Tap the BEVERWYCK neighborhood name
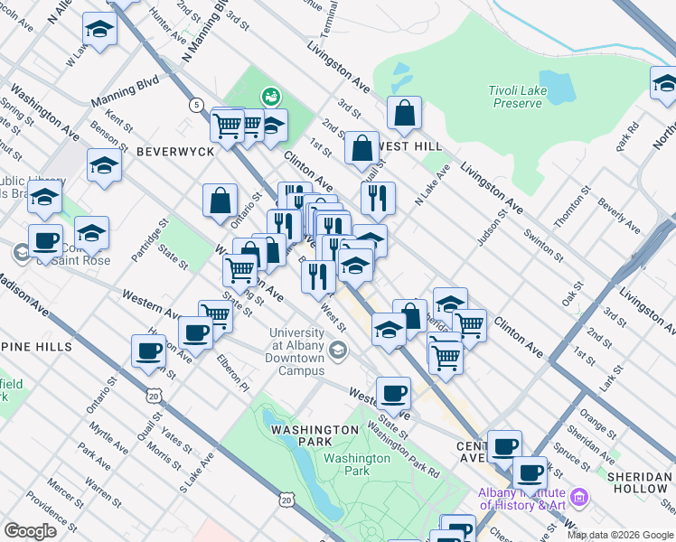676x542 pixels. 175,152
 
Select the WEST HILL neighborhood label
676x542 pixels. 410,145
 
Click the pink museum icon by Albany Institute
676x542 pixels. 579,497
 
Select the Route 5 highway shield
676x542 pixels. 196,106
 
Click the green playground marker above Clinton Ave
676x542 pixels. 268,95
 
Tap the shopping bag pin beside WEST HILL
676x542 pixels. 361,149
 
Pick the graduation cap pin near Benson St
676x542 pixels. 105,166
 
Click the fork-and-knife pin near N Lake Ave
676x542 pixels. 378,198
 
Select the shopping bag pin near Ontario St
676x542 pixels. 220,201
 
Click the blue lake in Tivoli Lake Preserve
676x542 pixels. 557,86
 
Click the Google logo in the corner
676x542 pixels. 30,531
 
